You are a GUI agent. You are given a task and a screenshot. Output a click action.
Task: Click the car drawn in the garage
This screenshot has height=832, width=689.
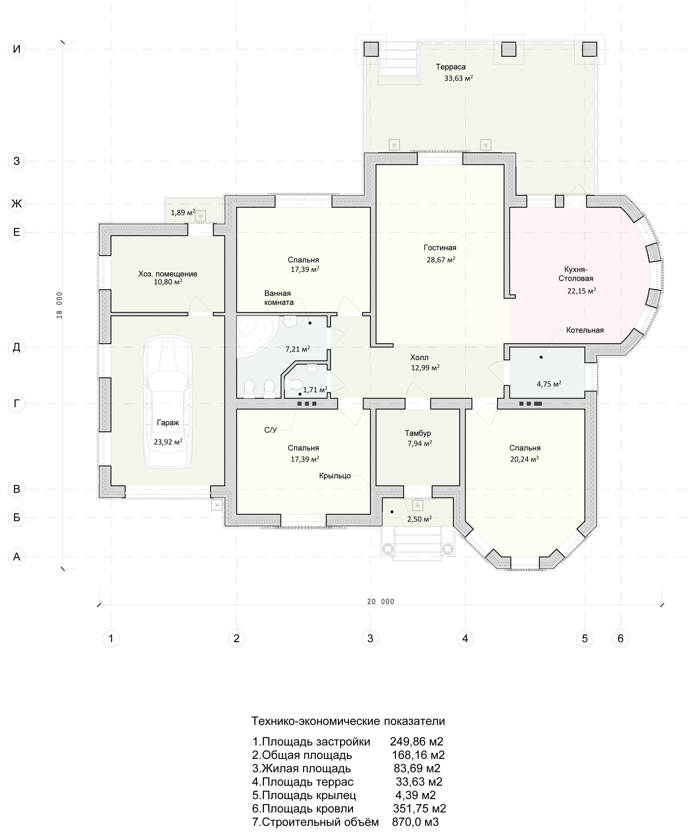click(168, 402)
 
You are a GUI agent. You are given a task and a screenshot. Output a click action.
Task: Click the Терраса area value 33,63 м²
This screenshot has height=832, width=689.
click(458, 78)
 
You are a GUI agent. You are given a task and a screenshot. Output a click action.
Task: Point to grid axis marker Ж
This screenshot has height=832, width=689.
click(17, 204)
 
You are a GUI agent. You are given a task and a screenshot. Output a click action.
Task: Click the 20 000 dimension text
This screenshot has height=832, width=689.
click(381, 601)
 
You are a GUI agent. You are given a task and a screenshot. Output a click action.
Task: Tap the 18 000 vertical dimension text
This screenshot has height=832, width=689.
click(59, 305)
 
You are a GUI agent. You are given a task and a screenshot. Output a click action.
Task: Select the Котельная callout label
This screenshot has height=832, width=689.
click(585, 330)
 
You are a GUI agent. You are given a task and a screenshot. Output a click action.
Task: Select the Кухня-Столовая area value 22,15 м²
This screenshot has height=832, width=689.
click(582, 291)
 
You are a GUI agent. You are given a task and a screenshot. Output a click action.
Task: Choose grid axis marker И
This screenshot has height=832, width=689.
click(17, 49)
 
